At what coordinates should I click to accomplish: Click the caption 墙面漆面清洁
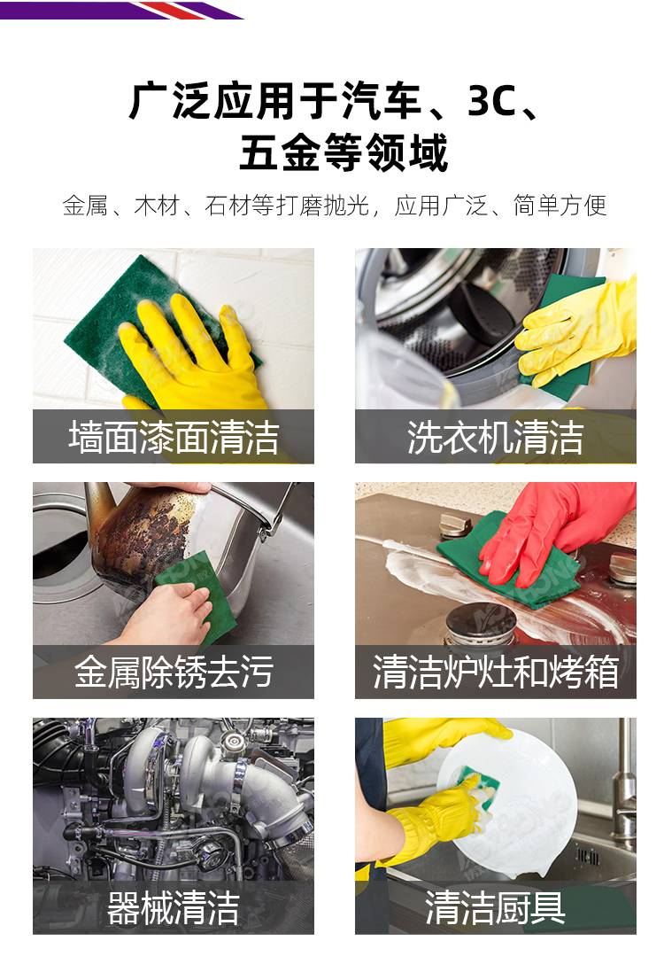[x=174, y=437]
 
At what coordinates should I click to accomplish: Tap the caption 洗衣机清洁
[x=496, y=437]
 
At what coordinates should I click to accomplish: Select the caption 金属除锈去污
[x=174, y=672]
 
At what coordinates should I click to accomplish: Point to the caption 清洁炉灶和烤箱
[x=496, y=672]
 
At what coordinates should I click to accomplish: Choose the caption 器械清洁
[x=174, y=907]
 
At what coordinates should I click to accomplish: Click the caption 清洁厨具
[x=496, y=907]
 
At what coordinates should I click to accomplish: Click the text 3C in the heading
[x=491, y=101]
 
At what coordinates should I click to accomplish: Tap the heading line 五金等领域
[x=344, y=152]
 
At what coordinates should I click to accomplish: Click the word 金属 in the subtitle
[x=85, y=206]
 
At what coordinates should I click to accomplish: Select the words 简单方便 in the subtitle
[x=560, y=206]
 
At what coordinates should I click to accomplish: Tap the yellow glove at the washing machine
[x=576, y=329]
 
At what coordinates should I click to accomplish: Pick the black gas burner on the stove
[x=481, y=623]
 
